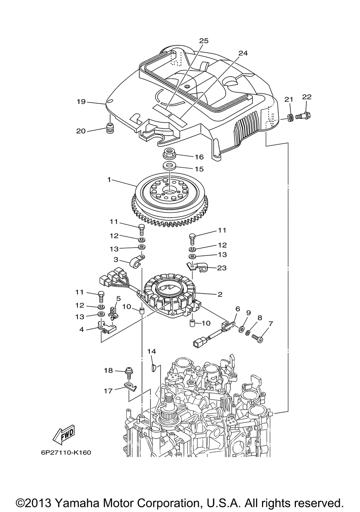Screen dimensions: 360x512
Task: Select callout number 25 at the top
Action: coord(204,41)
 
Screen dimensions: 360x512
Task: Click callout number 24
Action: coord(243,53)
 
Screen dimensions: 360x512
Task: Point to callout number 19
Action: coord(81,101)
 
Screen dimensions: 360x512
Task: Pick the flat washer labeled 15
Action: coord(169,165)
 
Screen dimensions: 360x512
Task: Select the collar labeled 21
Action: coord(291,118)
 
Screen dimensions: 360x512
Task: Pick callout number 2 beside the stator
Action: coord(220,294)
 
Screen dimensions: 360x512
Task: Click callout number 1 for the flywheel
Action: coord(109,180)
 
